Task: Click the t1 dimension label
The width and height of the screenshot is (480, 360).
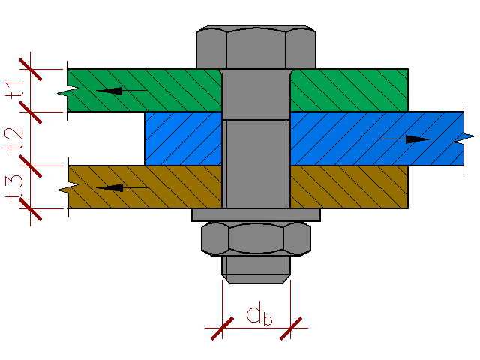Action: tap(14, 90)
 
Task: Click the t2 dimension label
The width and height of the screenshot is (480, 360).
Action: tap(14, 139)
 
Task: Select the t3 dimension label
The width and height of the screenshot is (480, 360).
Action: tap(14, 187)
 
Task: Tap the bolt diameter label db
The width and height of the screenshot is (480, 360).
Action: tap(259, 313)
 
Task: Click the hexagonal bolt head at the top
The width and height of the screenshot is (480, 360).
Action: tap(256, 46)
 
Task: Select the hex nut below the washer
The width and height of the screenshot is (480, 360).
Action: tap(256, 238)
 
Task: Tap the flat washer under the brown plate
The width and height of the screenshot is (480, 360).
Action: tap(256, 215)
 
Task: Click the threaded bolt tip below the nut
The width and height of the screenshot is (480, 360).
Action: tap(256, 269)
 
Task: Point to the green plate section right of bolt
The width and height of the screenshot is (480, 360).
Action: tap(349, 90)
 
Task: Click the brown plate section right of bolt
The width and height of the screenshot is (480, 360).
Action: tap(349, 187)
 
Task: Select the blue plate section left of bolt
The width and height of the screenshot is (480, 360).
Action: tap(183, 139)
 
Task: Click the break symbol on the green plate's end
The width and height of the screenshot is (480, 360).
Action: tap(68, 91)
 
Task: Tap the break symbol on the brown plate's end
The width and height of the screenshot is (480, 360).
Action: tap(69, 188)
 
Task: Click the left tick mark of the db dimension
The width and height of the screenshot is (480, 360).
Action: tap(223, 328)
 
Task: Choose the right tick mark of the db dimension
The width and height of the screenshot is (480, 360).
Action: tap(291, 328)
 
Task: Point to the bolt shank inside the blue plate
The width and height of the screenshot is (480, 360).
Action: tap(256, 139)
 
